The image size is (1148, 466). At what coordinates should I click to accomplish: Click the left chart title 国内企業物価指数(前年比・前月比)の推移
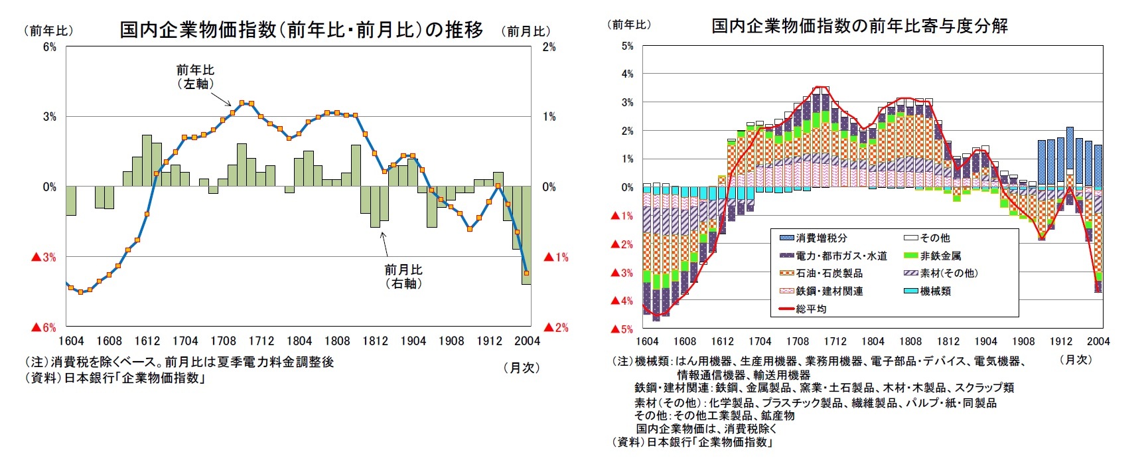coord(301,30)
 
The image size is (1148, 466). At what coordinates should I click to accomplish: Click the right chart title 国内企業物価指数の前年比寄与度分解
coord(859,26)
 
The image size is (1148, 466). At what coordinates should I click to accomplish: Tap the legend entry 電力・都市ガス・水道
coord(841,256)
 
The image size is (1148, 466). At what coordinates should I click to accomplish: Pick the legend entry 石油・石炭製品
coord(829,273)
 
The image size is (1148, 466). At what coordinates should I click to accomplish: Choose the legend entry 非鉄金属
coord(940,256)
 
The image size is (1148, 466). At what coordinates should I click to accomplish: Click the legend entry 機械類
coord(935,291)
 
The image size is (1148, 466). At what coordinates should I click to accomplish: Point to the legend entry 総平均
coord(811,309)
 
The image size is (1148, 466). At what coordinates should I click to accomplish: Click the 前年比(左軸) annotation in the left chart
coord(195,76)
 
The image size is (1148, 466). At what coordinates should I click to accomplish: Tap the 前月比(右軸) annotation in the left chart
coord(403,276)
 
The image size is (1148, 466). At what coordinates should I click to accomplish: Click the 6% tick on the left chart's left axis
coord(50,47)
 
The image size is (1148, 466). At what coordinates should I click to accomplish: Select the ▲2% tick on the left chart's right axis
coord(556,327)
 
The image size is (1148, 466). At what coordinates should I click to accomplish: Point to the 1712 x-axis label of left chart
coord(261,341)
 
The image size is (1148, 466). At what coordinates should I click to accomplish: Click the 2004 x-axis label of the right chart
coord(1098,341)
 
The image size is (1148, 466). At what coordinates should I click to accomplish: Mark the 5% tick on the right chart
coord(627,46)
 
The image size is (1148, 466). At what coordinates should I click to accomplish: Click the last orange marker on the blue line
coord(526,273)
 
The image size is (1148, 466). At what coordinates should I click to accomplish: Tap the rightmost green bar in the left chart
coord(526,235)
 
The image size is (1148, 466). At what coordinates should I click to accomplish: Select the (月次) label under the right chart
coord(1075,359)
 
